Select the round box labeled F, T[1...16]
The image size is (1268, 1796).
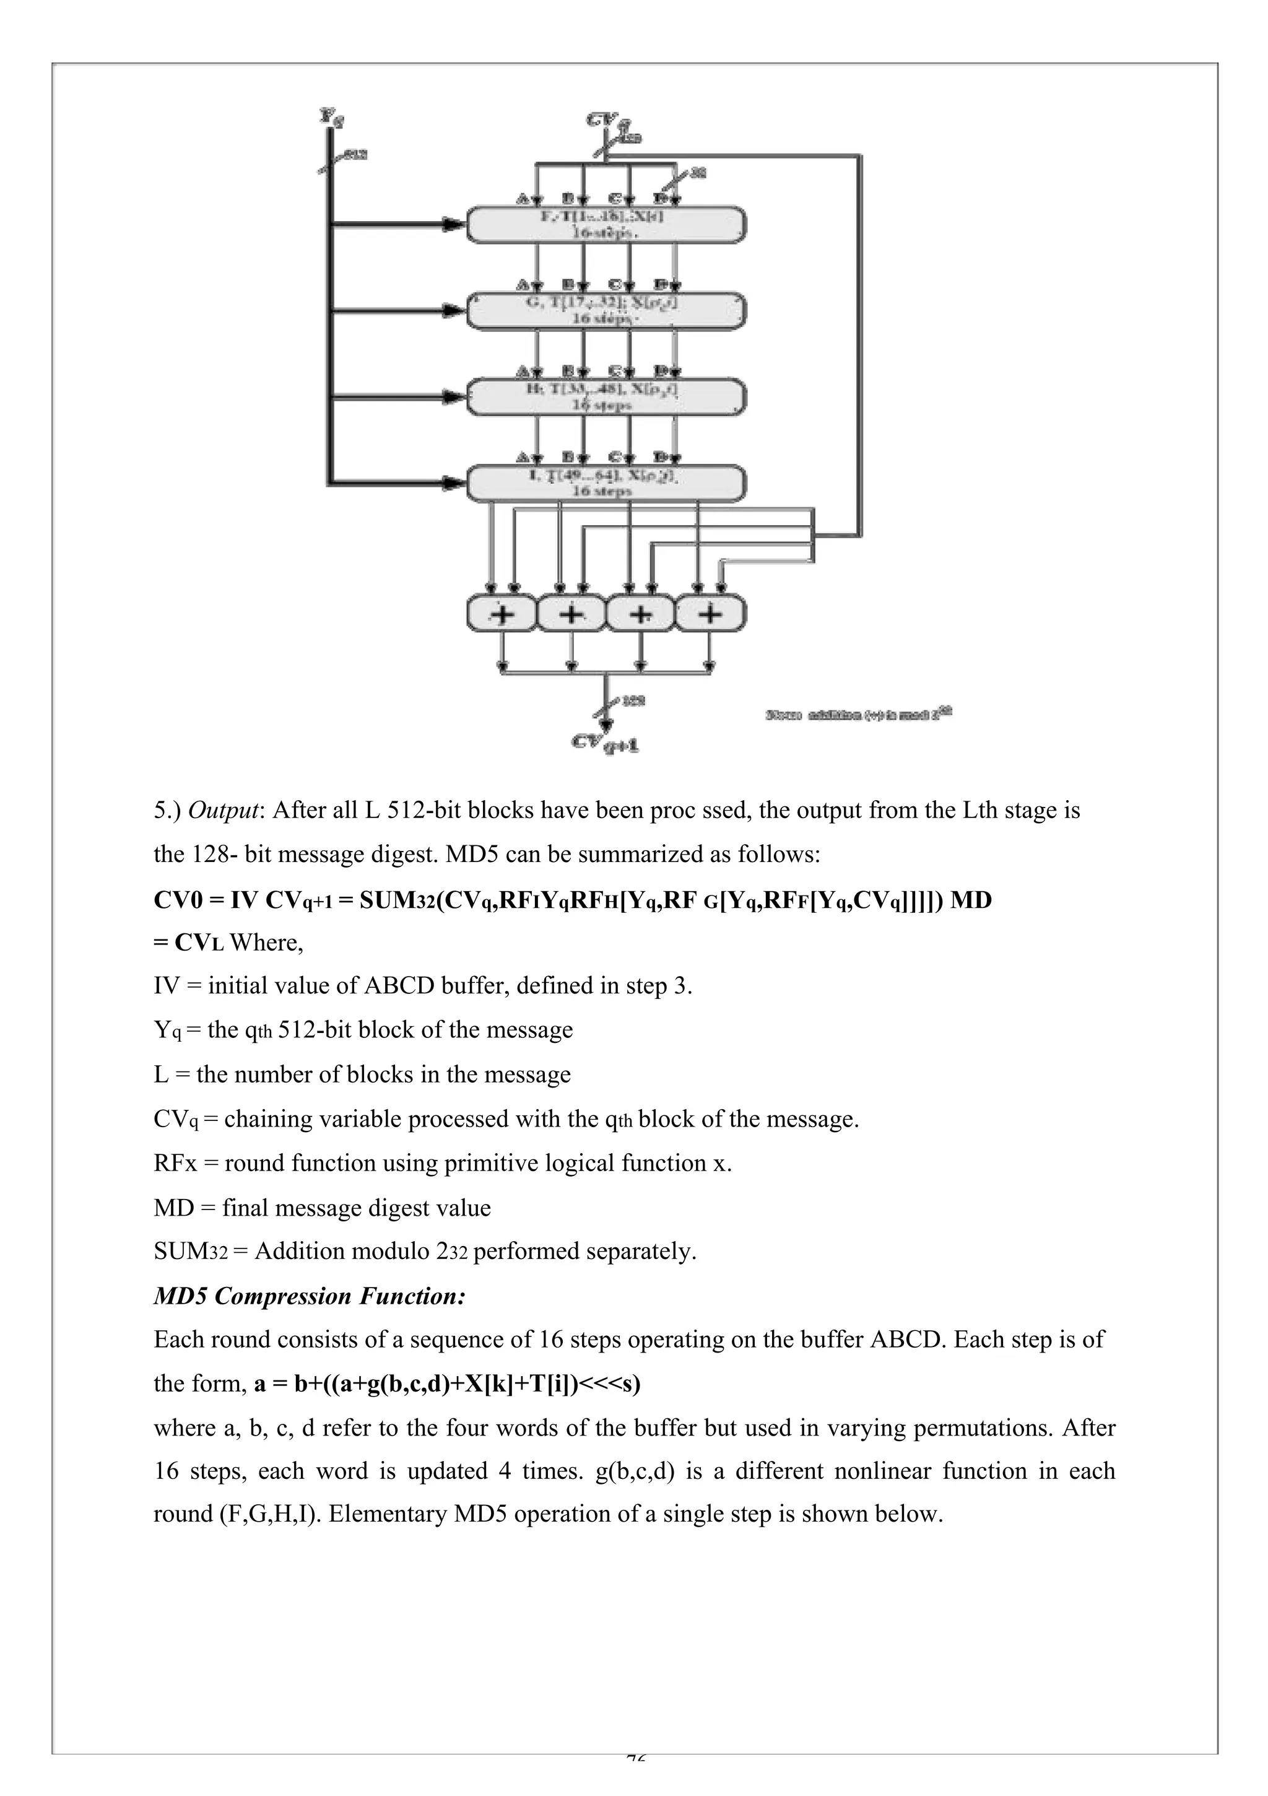606,224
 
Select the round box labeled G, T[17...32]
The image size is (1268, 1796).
606,310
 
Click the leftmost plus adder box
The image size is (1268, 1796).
502,613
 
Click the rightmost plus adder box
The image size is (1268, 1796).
710,613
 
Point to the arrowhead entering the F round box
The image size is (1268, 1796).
451,224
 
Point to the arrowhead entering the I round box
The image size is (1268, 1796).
451,482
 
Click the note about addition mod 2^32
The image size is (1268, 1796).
858,713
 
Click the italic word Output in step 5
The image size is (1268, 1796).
223,811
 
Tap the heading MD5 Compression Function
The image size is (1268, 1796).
310,1296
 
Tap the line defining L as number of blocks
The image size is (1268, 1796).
362,1074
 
